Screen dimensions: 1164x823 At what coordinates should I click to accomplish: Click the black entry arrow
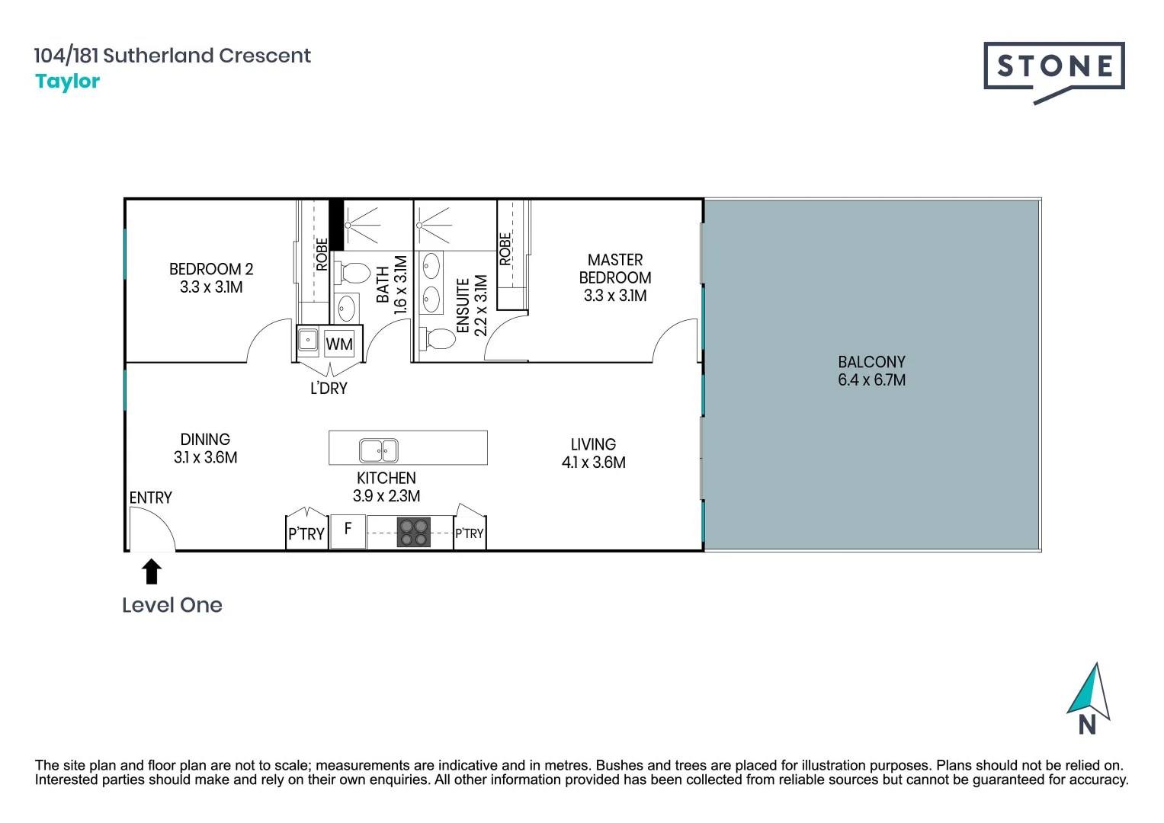click(152, 571)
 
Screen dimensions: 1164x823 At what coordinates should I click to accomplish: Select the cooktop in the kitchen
click(414, 533)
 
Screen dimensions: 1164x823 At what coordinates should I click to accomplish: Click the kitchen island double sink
click(379, 450)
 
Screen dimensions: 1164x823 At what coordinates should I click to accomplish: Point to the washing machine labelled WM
click(338, 344)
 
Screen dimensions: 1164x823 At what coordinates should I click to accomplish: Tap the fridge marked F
click(348, 532)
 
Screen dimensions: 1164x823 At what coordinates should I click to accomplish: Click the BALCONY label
click(871, 362)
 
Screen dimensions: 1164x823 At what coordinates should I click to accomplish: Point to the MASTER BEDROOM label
click(615, 268)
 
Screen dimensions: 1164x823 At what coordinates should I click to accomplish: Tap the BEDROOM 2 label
click(211, 269)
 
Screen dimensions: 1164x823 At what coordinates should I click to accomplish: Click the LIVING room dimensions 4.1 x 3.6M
click(593, 463)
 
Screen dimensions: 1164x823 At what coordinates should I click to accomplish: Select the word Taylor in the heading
click(68, 82)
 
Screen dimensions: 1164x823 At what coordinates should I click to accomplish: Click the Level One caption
click(172, 605)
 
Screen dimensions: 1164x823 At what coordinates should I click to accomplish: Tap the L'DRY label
click(329, 388)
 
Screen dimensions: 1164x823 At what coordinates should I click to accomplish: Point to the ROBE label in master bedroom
click(505, 249)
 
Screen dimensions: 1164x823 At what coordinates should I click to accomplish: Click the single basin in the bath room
click(347, 309)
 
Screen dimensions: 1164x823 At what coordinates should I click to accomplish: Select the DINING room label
click(205, 440)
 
